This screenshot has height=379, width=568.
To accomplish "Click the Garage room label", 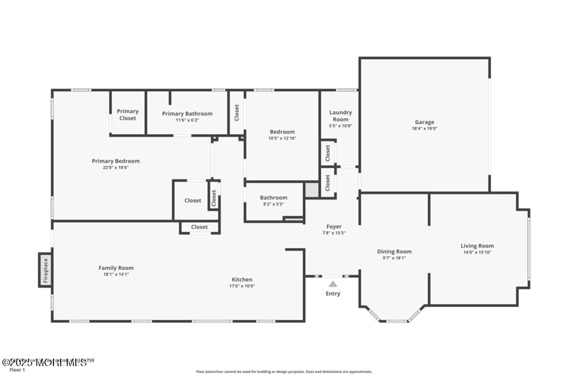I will pyautogui.click(x=424, y=122).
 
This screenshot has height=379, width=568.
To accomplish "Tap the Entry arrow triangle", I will pyautogui.click(x=333, y=284).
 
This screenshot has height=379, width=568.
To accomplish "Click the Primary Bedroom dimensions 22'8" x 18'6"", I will pyautogui.click(x=116, y=168).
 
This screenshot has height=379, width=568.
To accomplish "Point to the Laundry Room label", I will pyautogui.click(x=340, y=116).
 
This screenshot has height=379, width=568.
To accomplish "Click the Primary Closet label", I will pyautogui.click(x=128, y=114).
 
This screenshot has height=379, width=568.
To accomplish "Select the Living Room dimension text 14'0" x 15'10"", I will pyautogui.click(x=477, y=252).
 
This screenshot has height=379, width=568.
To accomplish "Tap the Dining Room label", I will pyautogui.click(x=394, y=251).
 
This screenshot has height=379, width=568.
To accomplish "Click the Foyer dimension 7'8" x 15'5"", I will pyautogui.click(x=334, y=233).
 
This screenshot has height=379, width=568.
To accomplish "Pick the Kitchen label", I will pyautogui.click(x=242, y=280).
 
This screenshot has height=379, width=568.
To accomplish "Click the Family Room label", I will pyautogui.click(x=116, y=268).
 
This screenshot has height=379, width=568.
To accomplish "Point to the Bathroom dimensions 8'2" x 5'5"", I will pyautogui.click(x=273, y=204).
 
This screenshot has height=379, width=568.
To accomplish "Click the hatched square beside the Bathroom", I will pyautogui.click(x=312, y=190).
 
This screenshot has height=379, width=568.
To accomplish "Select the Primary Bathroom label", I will pyautogui.click(x=187, y=114).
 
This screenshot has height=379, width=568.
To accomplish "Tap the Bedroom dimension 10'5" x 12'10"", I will pyautogui.click(x=282, y=138).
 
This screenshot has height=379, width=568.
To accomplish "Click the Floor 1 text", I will pyautogui.click(x=17, y=370).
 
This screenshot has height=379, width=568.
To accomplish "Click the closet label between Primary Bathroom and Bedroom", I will pyautogui.click(x=237, y=113).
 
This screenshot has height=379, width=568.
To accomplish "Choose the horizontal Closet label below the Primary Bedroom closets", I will pyautogui.click(x=199, y=227).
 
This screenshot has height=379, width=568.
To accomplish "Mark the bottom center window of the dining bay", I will pyautogui.click(x=396, y=321).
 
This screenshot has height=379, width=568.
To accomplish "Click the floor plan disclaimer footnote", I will pyautogui.click(x=284, y=372).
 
